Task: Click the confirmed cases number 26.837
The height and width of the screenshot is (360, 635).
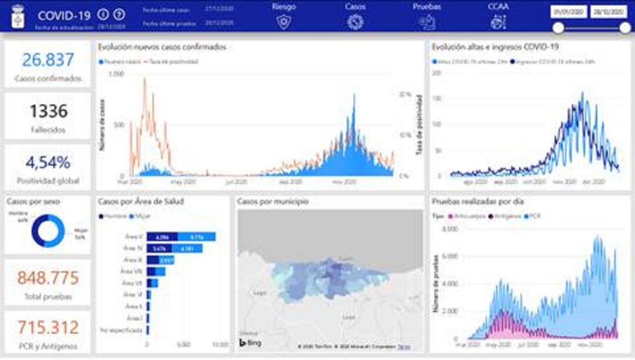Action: pos(48,60)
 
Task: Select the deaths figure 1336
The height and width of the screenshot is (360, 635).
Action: pos(48,111)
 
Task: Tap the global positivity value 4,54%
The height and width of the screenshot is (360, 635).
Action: pos(48,162)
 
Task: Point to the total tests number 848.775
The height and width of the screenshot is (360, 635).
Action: pos(48,278)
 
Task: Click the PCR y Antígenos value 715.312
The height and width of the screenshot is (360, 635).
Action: pos(48,328)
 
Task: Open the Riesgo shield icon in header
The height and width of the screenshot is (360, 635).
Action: pos(284,22)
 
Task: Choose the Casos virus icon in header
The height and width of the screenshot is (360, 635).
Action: pos(355,22)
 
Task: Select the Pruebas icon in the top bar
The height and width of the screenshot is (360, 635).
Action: pos(427,22)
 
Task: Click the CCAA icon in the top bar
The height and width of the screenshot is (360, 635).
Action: pos(498,22)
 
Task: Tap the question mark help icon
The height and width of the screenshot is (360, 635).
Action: pos(119,15)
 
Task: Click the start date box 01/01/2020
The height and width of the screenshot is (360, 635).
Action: pos(568,12)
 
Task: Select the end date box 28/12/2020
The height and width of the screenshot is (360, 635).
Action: pos(609,12)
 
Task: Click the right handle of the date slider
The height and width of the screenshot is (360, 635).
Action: pos(625,28)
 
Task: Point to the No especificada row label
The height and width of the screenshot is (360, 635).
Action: pos(121,330)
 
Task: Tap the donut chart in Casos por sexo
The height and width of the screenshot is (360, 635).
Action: pos(48,231)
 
